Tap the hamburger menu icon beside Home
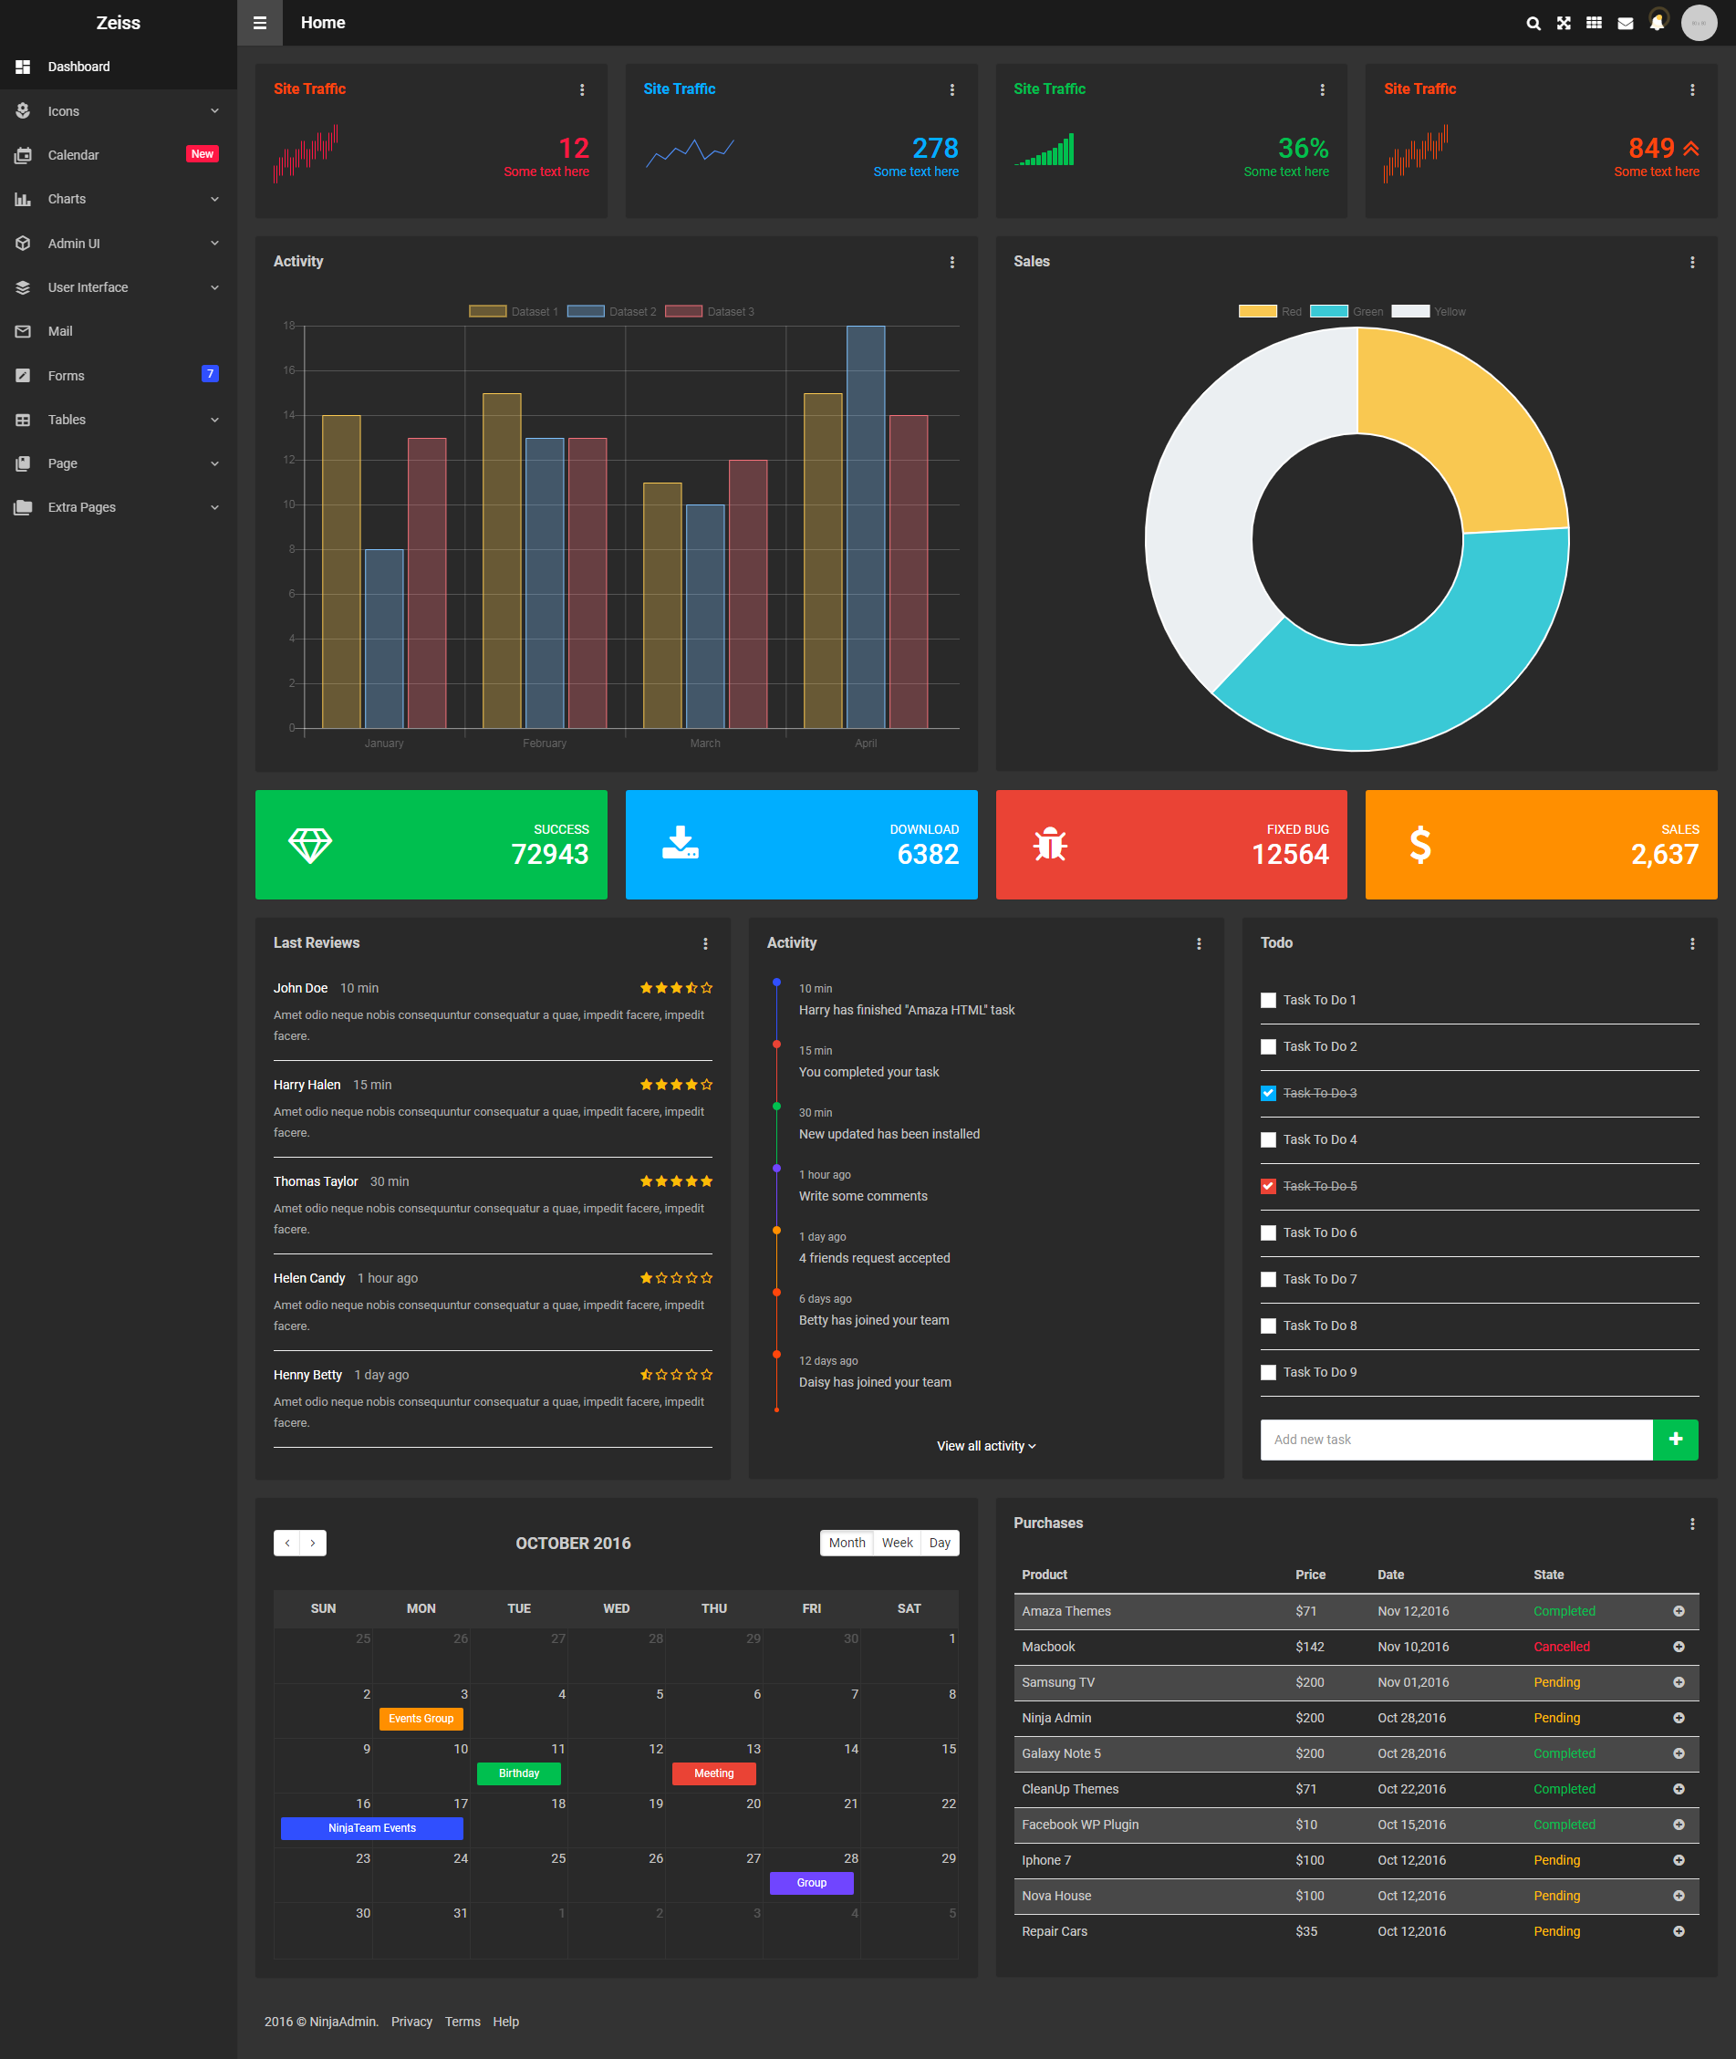click(260, 23)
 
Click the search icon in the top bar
click(1533, 23)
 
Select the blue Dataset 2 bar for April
click(865, 526)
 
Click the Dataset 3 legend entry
click(710, 311)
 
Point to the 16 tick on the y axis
click(289, 370)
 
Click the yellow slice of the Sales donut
click(1457, 423)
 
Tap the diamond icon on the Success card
click(310, 845)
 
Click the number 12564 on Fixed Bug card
click(1289, 854)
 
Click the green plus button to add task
click(1675, 1439)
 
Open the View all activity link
click(986, 1446)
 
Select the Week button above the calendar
click(897, 1543)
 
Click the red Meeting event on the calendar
click(713, 1773)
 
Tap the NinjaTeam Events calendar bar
click(372, 1827)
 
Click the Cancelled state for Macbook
click(1561, 1647)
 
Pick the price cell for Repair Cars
click(1306, 1931)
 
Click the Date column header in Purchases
click(1390, 1575)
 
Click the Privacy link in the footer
click(411, 2022)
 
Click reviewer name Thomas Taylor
click(315, 1181)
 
